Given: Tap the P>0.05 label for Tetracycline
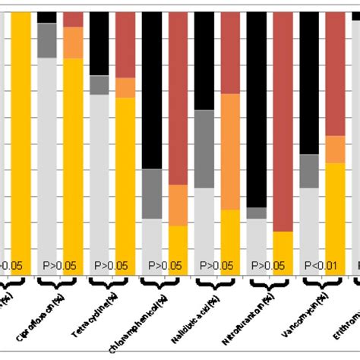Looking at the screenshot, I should click(111, 265).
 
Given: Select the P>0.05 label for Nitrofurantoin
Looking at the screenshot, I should click(268, 265).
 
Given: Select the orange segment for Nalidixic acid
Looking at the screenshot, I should click(231, 152).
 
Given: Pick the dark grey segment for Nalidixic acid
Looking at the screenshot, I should click(204, 149).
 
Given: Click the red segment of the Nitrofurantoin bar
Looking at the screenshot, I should click(283, 122).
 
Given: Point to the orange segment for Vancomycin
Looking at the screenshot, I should click(336, 149).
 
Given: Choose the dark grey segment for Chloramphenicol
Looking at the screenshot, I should click(152, 194).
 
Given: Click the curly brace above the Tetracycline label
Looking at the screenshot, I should click(111, 283).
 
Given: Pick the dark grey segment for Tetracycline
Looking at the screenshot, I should click(99, 85).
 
